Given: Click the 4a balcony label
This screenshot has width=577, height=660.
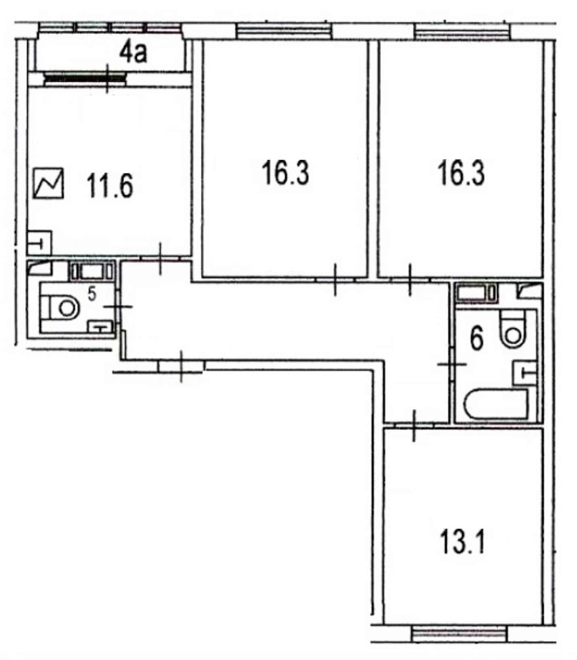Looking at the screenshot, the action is point(132,53).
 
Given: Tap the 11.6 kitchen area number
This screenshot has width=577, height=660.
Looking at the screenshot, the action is point(109,186).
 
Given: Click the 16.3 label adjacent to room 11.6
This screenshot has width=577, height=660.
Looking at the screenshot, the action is point(285,173).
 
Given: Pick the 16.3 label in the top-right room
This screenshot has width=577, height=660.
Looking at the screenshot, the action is point(461,173).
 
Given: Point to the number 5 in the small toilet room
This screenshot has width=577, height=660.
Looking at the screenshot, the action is point(92,295).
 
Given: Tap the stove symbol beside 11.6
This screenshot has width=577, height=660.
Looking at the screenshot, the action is point(49,184).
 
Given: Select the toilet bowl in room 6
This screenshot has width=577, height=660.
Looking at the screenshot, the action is point(512,327).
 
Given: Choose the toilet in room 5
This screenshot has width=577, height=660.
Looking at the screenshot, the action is point(61,308).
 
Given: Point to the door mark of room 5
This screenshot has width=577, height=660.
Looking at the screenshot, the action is point(117,307).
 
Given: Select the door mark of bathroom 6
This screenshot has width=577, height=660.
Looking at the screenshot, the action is point(452,365).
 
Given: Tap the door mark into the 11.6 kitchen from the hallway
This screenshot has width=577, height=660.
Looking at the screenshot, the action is point(160,258).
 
